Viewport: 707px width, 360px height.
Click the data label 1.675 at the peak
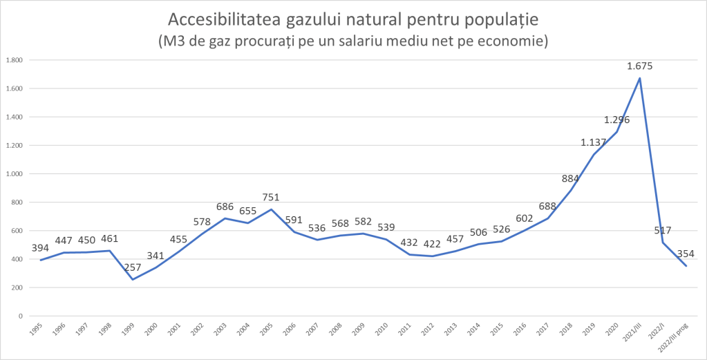tap(639, 66)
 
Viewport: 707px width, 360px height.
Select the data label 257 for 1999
tap(133, 266)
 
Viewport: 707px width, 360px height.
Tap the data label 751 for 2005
tap(271, 197)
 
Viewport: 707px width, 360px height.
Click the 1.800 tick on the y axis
tap(14, 60)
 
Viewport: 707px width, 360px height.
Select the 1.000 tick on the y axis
tap(14, 174)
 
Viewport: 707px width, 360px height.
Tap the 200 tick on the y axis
tap(16, 287)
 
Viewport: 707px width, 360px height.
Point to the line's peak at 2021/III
tap(640, 78)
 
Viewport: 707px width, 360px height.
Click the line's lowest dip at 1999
tap(133, 279)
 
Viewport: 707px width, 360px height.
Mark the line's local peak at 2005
tap(271, 209)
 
